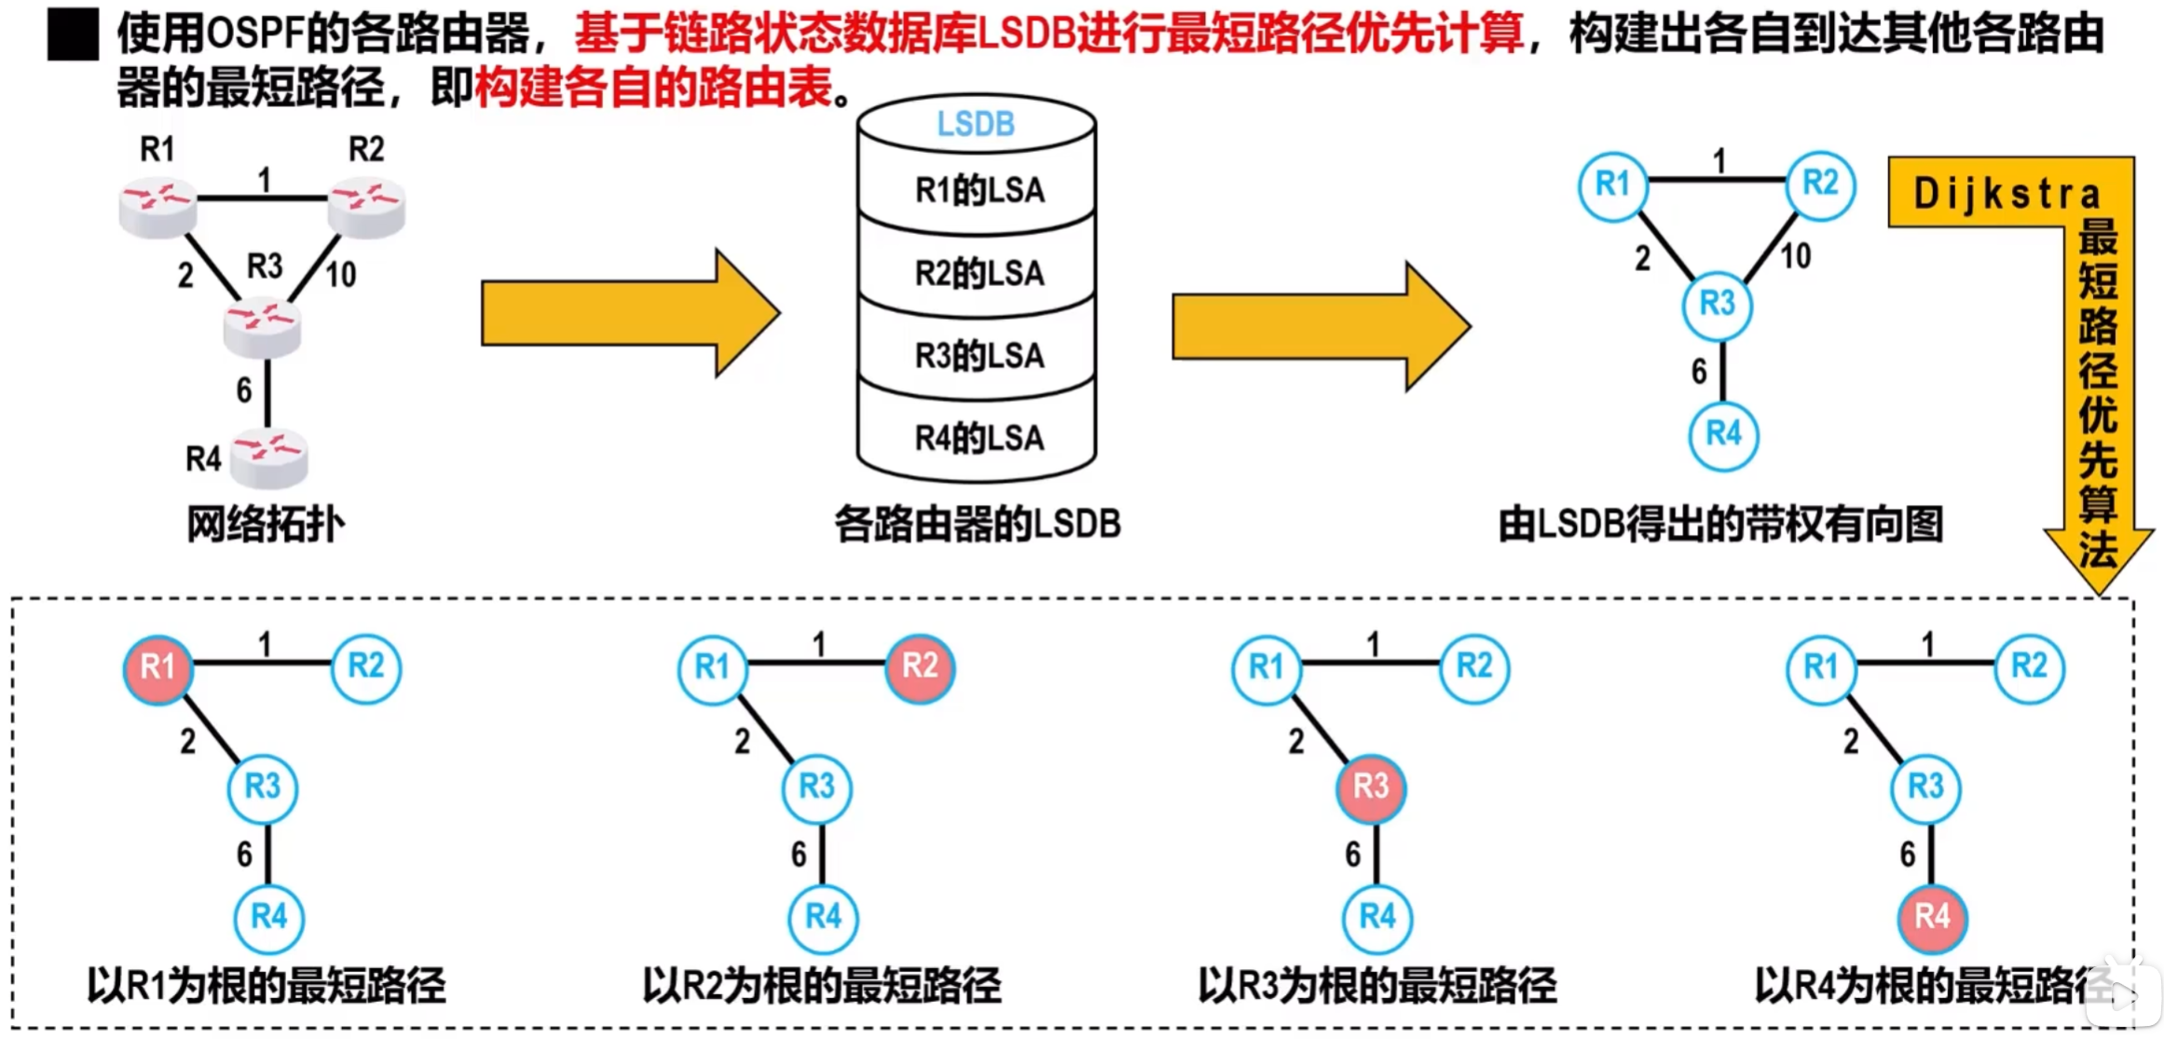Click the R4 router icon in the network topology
point(268,458)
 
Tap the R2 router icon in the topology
point(366,206)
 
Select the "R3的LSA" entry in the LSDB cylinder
point(979,355)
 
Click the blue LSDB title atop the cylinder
point(975,124)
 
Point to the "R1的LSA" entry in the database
point(979,190)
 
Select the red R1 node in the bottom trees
point(158,667)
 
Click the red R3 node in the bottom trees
point(1371,787)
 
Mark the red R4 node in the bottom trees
point(1932,917)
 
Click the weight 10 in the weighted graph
point(1795,256)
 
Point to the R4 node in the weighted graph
point(1723,434)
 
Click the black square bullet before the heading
point(73,34)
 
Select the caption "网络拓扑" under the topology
point(266,524)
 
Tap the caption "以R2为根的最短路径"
point(821,985)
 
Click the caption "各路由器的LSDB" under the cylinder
point(977,524)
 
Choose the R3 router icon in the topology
point(262,327)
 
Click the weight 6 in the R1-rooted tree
point(244,854)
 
